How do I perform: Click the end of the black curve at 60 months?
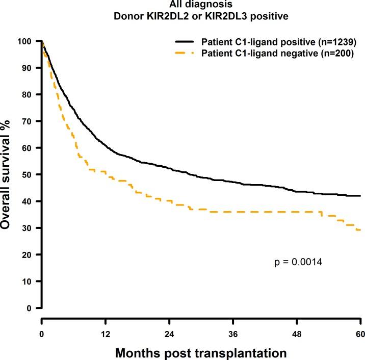point(360,196)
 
